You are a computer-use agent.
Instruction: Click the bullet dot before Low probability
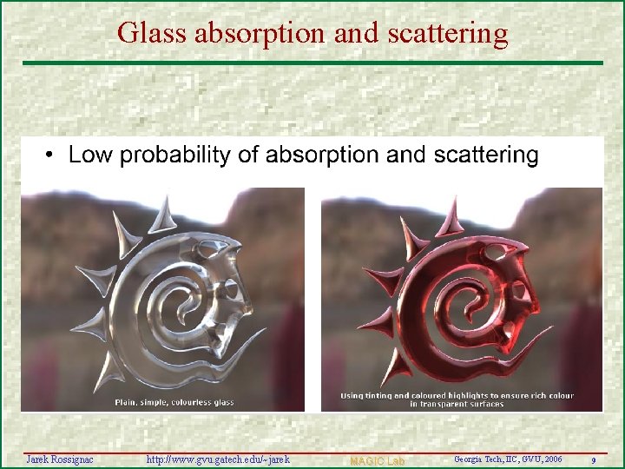click(x=52, y=156)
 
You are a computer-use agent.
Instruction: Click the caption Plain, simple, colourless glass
click(x=174, y=402)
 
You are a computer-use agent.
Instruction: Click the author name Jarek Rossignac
click(x=59, y=459)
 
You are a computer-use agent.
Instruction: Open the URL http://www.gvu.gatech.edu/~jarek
click(x=218, y=459)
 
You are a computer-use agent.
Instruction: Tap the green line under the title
click(x=312, y=63)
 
